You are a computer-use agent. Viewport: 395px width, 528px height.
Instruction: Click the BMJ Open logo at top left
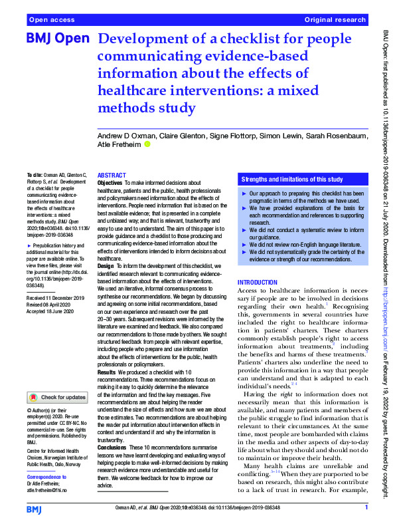[57, 39]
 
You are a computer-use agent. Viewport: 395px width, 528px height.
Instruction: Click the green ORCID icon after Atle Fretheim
[147, 144]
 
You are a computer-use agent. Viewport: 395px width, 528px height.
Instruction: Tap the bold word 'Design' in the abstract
[106, 266]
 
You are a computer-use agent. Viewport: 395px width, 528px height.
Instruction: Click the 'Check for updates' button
[57, 398]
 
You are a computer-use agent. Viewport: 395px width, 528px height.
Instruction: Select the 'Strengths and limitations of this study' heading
[292, 180]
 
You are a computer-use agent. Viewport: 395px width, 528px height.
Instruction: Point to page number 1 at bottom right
[366, 508]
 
